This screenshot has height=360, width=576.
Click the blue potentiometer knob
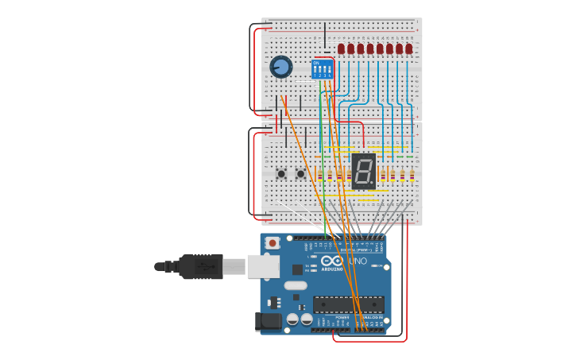coord(280,68)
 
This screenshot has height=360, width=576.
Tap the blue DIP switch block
coord(323,70)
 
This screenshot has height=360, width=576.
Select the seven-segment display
coord(363,171)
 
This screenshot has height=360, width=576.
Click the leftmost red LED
coord(341,49)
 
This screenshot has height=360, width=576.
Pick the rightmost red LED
coord(409,49)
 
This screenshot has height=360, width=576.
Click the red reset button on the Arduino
coord(273,243)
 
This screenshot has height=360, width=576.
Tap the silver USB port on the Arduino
coord(263,266)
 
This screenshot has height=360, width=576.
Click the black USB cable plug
coord(200,267)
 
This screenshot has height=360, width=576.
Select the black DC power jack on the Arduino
coord(268,321)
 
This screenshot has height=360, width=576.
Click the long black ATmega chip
coord(348,304)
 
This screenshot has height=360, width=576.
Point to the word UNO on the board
coord(358,261)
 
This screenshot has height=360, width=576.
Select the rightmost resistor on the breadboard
coord(412,176)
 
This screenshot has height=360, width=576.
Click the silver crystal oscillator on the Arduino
coord(295,285)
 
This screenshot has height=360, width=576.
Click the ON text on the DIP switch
coord(316,63)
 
